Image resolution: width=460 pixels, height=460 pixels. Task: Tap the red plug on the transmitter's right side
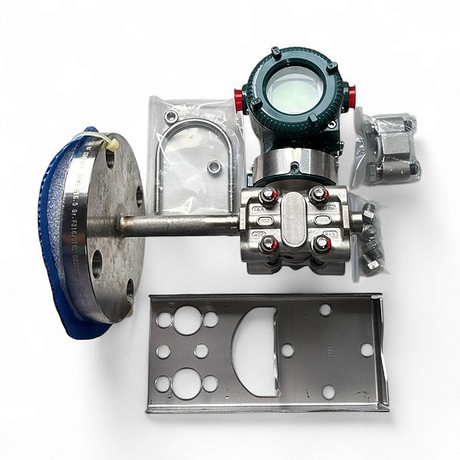pos(351,97)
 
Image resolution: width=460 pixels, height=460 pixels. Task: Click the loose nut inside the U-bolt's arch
pos(213,166)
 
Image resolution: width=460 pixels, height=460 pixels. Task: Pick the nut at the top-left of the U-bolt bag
pos(171,117)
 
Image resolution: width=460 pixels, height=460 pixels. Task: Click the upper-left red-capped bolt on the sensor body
pos(268,196)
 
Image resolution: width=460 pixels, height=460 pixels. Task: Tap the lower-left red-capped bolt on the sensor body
pos(268,245)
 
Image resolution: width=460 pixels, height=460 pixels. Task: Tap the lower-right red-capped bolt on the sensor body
pos(321,244)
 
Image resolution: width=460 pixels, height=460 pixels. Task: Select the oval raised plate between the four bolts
pos(294,219)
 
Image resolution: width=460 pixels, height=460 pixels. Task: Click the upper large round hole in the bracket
pos(188,321)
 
